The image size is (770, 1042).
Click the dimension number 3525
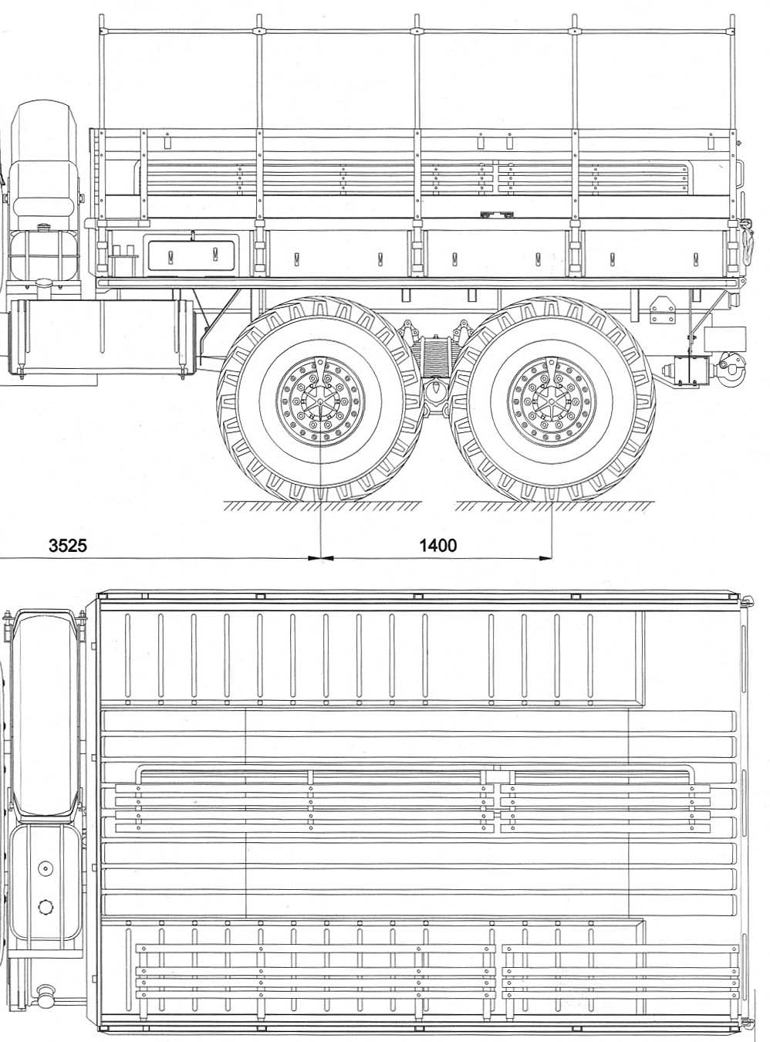(68, 546)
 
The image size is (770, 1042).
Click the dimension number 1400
(437, 546)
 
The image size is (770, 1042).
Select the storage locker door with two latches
(191, 255)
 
